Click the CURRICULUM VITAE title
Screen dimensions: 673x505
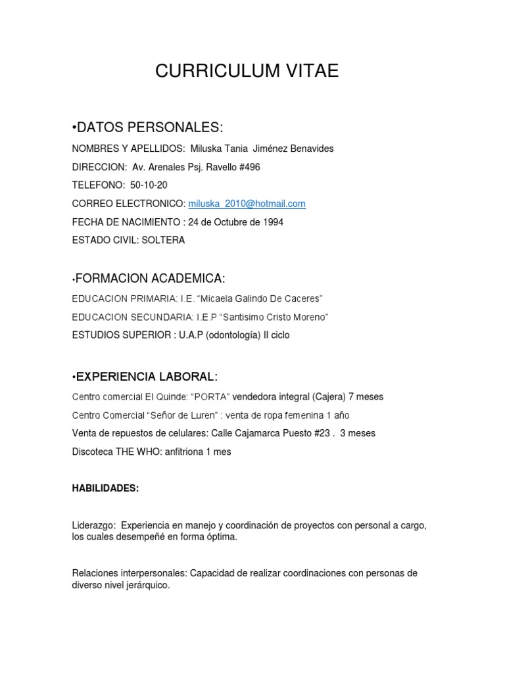pos(247,71)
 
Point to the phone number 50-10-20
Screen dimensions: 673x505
pos(149,185)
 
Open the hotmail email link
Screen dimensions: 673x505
pos(247,204)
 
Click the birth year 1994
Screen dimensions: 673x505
pos(272,222)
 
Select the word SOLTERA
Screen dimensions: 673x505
pos(166,241)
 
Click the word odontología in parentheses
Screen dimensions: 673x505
pos(233,335)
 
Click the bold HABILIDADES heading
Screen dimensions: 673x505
pos(105,489)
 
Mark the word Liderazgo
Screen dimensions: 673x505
pos(93,526)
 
